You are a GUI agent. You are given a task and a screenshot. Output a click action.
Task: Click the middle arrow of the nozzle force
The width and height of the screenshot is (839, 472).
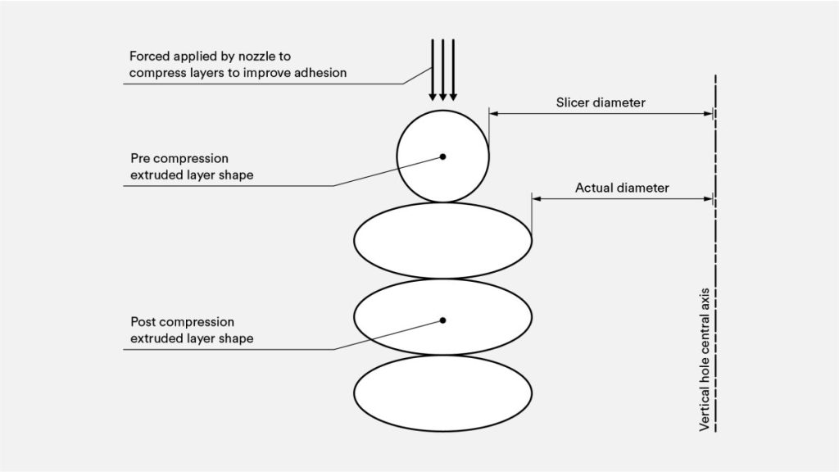click(443, 70)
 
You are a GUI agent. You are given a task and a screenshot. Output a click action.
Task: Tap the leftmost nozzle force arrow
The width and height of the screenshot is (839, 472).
click(433, 70)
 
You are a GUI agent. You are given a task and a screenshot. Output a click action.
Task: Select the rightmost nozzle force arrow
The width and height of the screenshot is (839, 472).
click(453, 70)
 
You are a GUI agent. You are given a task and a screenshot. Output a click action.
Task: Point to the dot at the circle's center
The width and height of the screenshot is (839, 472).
click(442, 156)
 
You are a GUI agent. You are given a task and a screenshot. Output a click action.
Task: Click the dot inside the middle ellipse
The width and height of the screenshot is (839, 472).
click(442, 320)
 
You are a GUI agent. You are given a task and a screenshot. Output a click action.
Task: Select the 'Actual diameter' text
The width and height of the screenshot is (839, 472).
click(622, 188)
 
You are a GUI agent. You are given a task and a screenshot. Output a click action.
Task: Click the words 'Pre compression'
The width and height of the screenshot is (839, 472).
click(179, 158)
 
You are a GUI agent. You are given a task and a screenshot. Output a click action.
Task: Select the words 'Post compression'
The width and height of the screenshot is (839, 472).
click(182, 322)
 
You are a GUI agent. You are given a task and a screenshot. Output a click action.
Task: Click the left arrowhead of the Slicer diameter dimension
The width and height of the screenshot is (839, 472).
click(494, 114)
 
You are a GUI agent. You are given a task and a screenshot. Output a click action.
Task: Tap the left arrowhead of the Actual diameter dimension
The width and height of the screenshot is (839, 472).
click(537, 198)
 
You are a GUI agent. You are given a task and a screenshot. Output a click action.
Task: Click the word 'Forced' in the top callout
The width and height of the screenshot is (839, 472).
click(149, 57)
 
